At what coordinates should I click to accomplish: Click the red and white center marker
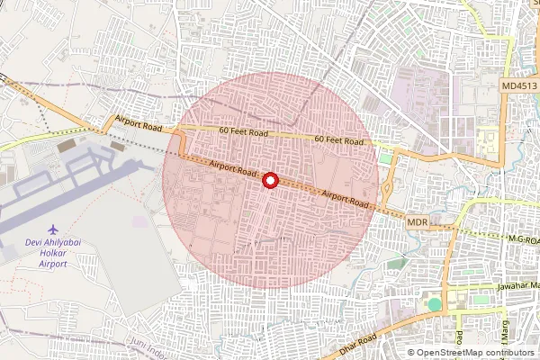point(269,180)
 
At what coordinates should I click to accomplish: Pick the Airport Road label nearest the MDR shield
point(346,198)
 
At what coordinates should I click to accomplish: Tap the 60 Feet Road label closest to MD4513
point(338,140)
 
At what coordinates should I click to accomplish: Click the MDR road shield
point(417,221)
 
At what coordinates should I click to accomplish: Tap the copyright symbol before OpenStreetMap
point(412,352)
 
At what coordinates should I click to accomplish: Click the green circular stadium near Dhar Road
point(435,304)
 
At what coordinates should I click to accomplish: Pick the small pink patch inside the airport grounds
point(139,220)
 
